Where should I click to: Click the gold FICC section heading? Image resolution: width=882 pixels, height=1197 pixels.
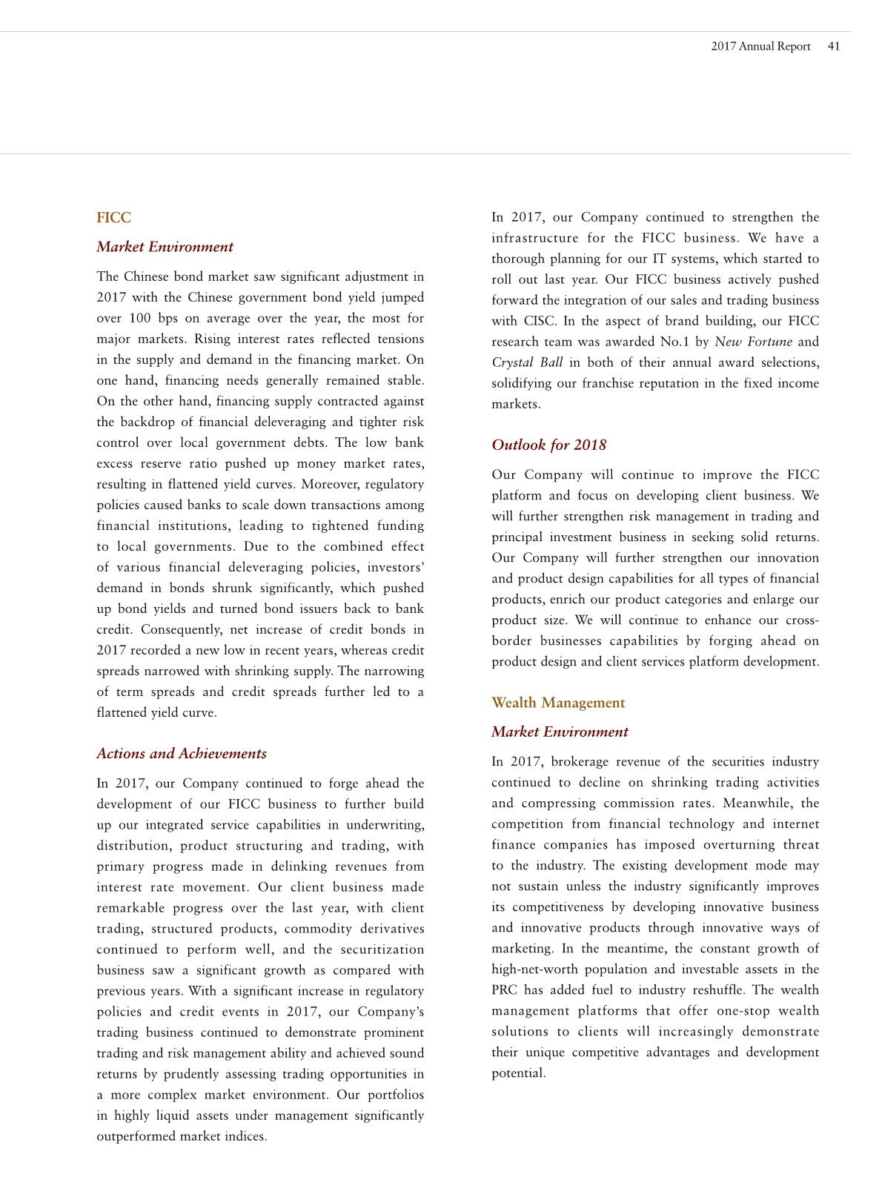pos(113,218)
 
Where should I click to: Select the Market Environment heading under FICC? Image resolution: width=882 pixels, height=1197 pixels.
pos(165,248)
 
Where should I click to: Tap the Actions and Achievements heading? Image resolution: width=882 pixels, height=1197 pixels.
pos(182,754)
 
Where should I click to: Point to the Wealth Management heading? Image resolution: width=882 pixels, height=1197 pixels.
pos(558,703)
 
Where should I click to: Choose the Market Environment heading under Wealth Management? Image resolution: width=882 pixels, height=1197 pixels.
pos(560,732)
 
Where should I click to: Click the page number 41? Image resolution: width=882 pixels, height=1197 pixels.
pos(834,47)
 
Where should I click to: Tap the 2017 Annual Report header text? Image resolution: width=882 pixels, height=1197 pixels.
pos(760,47)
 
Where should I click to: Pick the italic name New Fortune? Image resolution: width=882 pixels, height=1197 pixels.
pos(753,342)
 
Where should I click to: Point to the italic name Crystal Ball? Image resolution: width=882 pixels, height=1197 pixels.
pos(527,363)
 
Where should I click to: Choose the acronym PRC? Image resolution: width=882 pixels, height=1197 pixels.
pos(504,991)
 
